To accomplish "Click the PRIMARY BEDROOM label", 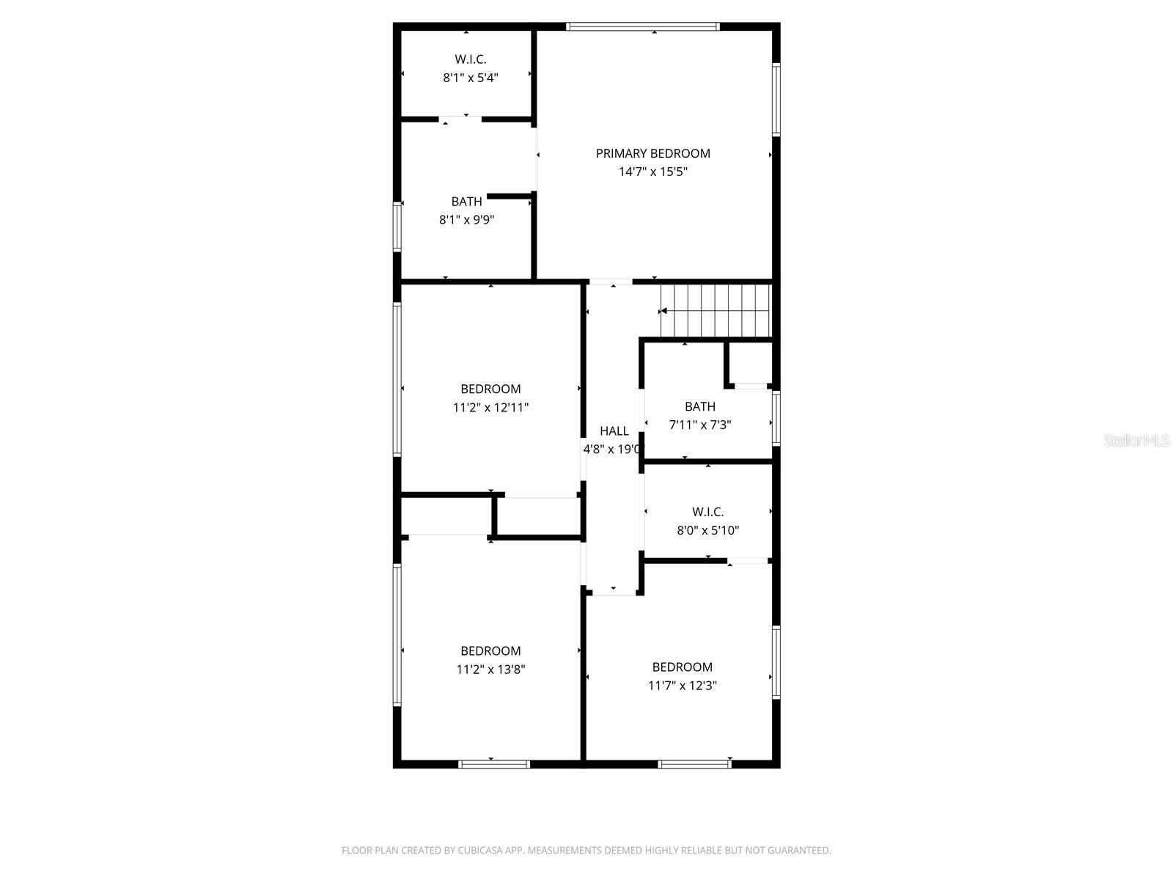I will [x=652, y=153].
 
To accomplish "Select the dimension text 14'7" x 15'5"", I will [x=652, y=172].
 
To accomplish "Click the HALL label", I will [x=614, y=431].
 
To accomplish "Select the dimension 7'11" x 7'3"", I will [x=699, y=425].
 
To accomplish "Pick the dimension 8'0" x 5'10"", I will [x=707, y=530].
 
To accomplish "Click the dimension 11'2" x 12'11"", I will [x=490, y=408].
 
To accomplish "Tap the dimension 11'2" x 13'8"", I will [x=490, y=670].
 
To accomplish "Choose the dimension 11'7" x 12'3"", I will [x=682, y=686].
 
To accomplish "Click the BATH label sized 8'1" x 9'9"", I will [x=466, y=202].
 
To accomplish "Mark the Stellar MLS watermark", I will [x=1136, y=441].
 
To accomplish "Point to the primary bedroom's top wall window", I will [x=642, y=27].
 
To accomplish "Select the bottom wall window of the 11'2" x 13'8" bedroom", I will [x=493, y=764].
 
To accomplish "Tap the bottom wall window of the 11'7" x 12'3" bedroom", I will [x=694, y=764].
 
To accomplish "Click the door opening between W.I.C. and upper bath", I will [x=460, y=119].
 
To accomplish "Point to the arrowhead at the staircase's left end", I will [x=663, y=311].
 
